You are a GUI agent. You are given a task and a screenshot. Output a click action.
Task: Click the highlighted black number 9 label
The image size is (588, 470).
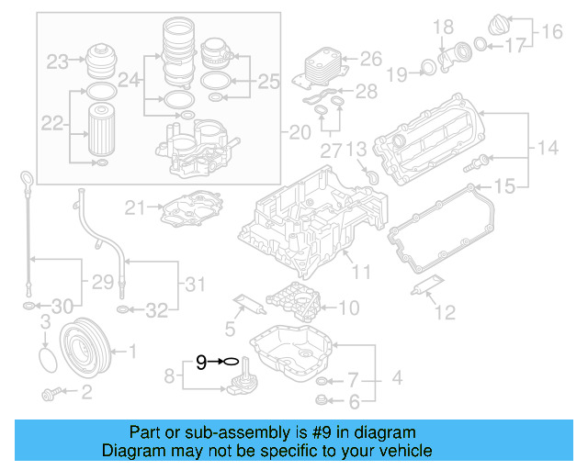coord(201,363)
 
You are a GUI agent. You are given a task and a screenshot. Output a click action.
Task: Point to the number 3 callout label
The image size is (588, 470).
coord(44,320)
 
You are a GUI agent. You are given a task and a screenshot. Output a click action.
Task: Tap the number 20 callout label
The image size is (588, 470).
coord(300,133)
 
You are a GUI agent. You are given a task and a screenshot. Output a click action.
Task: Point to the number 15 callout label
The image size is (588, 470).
coord(506,187)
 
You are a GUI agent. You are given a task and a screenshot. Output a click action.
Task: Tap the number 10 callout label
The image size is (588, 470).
coord(349,308)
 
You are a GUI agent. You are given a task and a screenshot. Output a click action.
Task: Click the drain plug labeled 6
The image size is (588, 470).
coord(322,398)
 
